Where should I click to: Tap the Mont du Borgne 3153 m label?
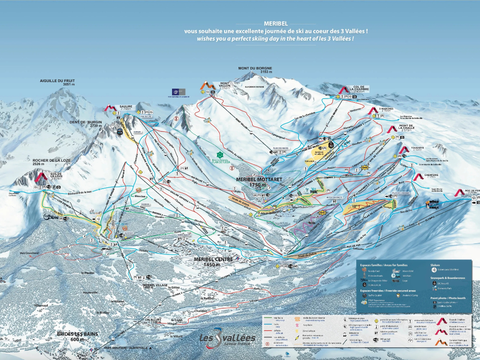click(x=255, y=70)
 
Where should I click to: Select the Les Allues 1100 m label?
click(x=150, y=321)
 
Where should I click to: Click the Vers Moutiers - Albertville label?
click(x=126, y=347)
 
